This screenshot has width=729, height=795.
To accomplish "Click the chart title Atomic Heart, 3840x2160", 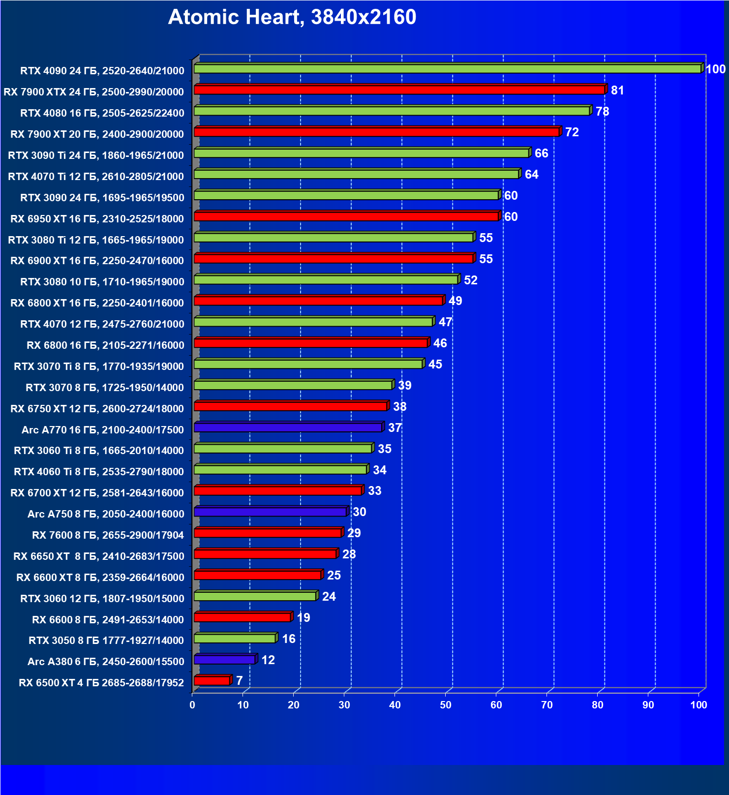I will tap(292, 17).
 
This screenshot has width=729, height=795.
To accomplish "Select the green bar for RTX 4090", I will tap(448, 69).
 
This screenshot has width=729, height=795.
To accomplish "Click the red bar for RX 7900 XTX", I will tap(399, 90).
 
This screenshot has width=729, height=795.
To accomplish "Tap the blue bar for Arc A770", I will tap(288, 428).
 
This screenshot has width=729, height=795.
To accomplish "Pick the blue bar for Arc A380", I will tap(224, 660).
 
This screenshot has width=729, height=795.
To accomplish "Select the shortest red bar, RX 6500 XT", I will tap(212, 681).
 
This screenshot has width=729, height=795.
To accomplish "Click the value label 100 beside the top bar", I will tap(715, 69).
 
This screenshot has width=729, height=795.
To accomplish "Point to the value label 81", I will tap(617, 91).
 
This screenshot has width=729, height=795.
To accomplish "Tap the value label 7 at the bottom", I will tap(239, 681).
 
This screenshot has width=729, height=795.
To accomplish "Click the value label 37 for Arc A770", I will tap(395, 428).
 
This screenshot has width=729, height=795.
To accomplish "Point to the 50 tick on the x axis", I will tap(446, 705).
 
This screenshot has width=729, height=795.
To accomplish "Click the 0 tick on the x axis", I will tap(192, 705).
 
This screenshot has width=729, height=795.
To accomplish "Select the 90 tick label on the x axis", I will tap(648, 705).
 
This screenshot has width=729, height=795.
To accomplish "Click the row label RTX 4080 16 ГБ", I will tap(102, 113).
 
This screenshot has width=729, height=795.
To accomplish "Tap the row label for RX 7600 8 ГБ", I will tap(108, 535).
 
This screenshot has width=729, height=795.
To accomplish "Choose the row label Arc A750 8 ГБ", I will tap(106, 514).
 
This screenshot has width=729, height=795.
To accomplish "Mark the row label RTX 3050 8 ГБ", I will tap(106, 641).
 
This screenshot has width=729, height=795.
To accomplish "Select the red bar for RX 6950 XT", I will tap(346, 216).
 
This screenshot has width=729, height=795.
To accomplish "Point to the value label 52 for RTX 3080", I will tap(470, 280).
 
